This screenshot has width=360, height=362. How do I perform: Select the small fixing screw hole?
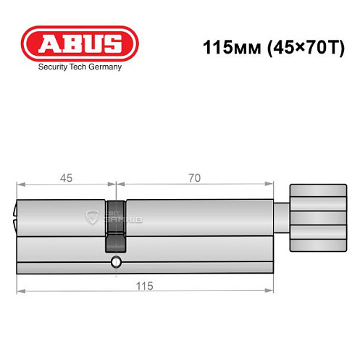(115, 263)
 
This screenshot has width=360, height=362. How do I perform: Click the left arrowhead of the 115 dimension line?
(20, 292)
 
